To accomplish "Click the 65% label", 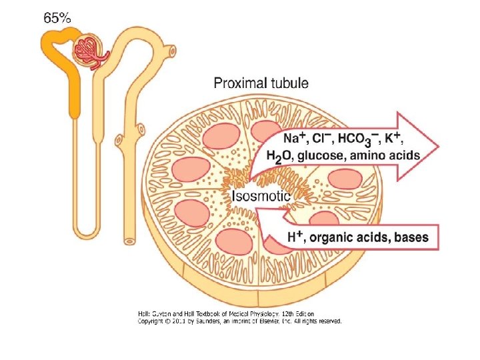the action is point(57,19).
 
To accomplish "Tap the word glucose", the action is point(321,156).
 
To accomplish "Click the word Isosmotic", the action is point(261,196).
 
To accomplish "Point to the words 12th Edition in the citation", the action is point(294,313).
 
